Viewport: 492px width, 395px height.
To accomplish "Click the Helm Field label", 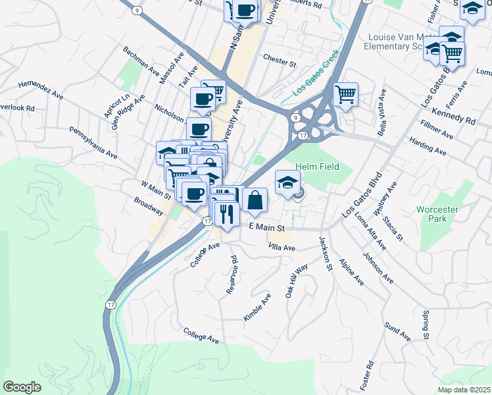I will [317, 167].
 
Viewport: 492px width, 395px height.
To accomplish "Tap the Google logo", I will [22, 387].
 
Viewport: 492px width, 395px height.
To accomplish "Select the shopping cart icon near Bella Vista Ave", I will [345, 95].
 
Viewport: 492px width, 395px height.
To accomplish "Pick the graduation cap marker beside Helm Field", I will [287, 182].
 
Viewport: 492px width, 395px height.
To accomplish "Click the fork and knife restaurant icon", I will [226, 215].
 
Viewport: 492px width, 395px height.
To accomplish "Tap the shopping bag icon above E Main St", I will [255, 200].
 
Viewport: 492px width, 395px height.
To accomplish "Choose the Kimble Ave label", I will [257, 307].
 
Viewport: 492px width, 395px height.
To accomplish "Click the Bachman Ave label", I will [141, 60].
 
